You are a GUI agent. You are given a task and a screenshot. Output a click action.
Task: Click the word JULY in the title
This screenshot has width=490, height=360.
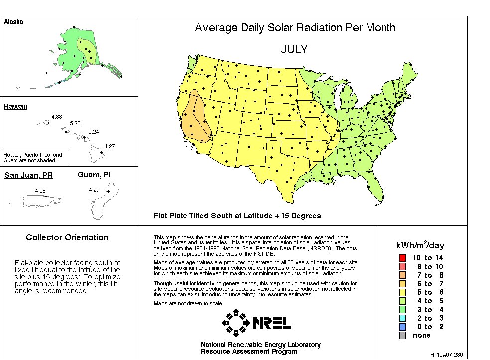pos(294,50)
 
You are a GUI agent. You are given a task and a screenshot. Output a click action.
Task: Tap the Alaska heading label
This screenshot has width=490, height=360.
pos(13,22)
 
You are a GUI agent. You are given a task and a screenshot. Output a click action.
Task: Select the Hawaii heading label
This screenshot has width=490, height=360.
pos(15,106)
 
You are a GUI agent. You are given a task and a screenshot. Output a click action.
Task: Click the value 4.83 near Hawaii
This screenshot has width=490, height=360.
pos(56,117)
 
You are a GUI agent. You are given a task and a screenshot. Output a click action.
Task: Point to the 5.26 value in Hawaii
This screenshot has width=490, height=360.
pos(75,123)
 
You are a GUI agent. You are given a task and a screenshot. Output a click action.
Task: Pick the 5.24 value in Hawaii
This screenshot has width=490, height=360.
pos(93,132)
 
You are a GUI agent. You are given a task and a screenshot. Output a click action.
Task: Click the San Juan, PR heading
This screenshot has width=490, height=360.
pos(29,175)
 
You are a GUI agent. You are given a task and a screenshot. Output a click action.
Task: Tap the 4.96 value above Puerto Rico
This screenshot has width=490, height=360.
pos(40,191)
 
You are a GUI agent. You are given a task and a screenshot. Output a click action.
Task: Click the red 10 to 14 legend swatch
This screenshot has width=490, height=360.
pos(402,258)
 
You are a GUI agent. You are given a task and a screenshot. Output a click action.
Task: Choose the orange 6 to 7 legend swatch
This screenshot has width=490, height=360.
pos(402,284)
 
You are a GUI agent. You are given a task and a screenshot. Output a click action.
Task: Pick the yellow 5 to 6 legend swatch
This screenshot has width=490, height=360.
pos(402,292)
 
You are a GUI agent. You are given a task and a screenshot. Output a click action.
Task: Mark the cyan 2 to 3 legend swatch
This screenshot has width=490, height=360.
pos(402,318)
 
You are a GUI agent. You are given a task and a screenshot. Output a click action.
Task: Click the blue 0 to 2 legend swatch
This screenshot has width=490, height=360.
pos(402,327)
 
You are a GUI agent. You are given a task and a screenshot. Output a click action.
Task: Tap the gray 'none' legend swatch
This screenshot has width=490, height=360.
pos(402,335)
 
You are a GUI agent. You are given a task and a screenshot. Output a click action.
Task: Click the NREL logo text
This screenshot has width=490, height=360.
pos(272,323)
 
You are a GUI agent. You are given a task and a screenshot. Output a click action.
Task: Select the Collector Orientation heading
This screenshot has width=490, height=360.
pos(67,238)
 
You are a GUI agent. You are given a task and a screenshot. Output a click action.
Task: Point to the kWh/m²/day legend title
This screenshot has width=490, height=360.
pos(420,245)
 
